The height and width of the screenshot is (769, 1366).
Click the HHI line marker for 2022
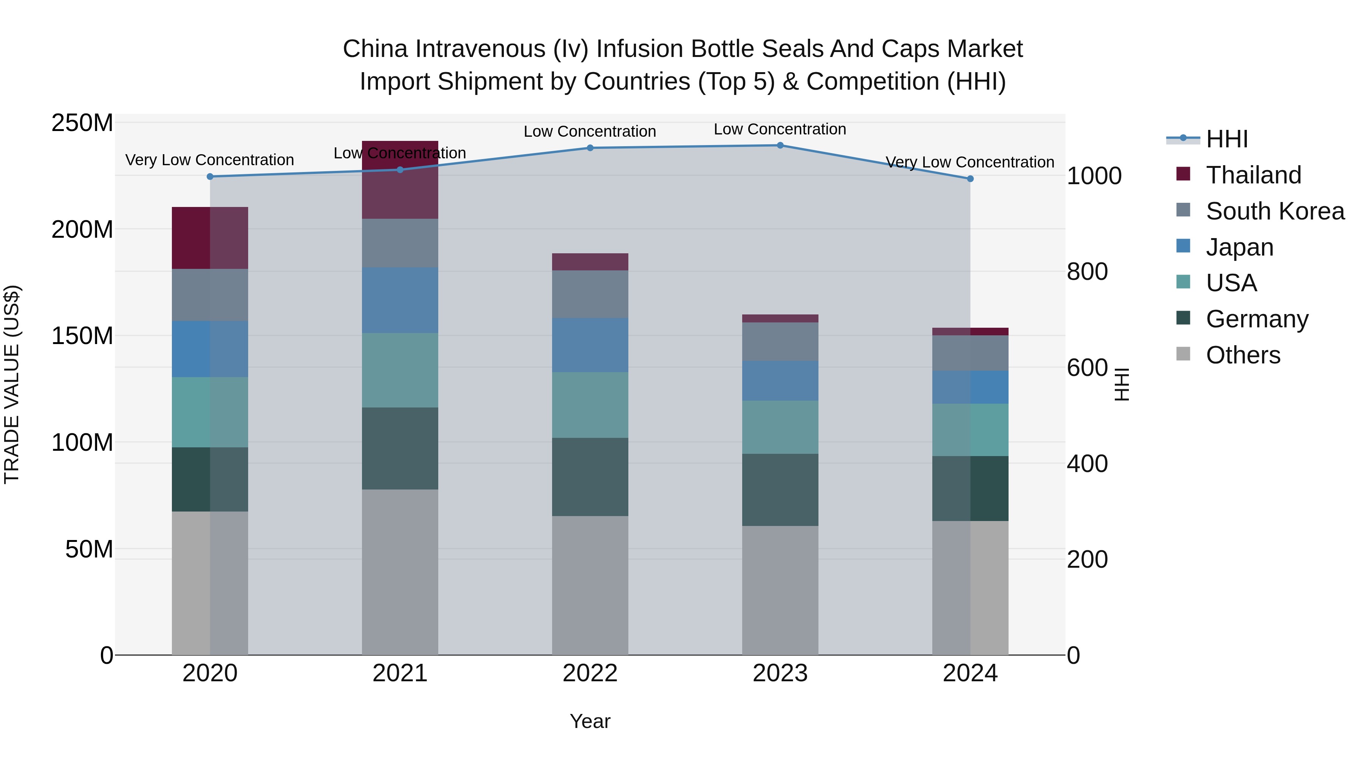point(590,148)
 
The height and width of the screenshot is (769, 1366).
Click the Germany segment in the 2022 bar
point(590,477)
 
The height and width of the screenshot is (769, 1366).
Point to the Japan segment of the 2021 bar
point(400,300)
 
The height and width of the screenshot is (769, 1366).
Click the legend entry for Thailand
point(1253,175)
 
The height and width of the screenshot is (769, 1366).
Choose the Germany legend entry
point(1257,319)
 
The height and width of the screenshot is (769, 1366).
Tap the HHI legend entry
point(1226,139)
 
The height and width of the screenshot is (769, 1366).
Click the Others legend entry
point(1242,355)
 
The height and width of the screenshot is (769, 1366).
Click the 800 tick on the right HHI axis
point(1087,272)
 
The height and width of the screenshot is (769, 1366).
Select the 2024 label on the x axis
point(970,673)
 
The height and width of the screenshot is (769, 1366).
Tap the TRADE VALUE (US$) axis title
point(12,384)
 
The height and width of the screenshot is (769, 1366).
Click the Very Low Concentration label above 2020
point(209,160)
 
